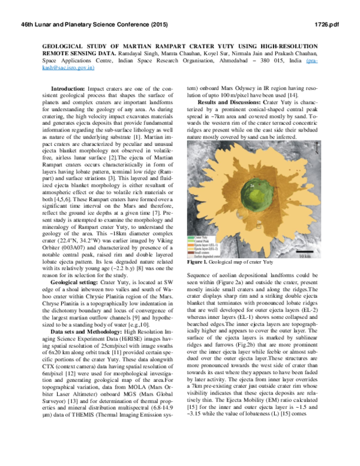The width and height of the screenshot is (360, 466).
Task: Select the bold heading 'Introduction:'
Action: [70, 88]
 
